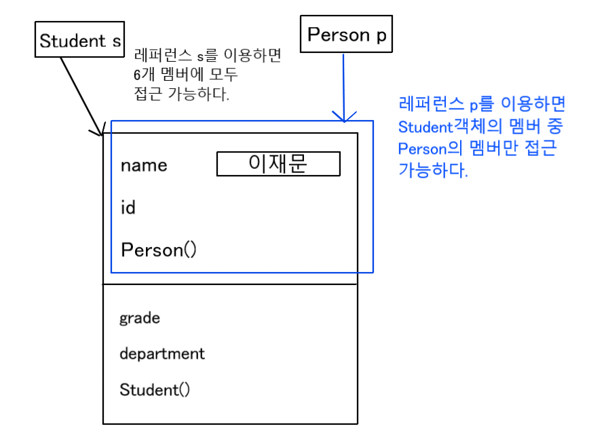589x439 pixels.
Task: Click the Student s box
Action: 79,41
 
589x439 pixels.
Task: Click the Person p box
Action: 346,35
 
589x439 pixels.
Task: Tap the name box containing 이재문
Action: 278,164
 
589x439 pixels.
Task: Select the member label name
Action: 144,166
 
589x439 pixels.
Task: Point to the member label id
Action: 128,208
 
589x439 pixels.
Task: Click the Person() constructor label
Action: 159,250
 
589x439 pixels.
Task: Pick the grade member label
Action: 140,318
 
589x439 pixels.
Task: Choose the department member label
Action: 162,354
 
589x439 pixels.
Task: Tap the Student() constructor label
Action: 155,389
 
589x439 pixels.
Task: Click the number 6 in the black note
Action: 138,75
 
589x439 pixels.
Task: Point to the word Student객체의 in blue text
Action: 449,126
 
